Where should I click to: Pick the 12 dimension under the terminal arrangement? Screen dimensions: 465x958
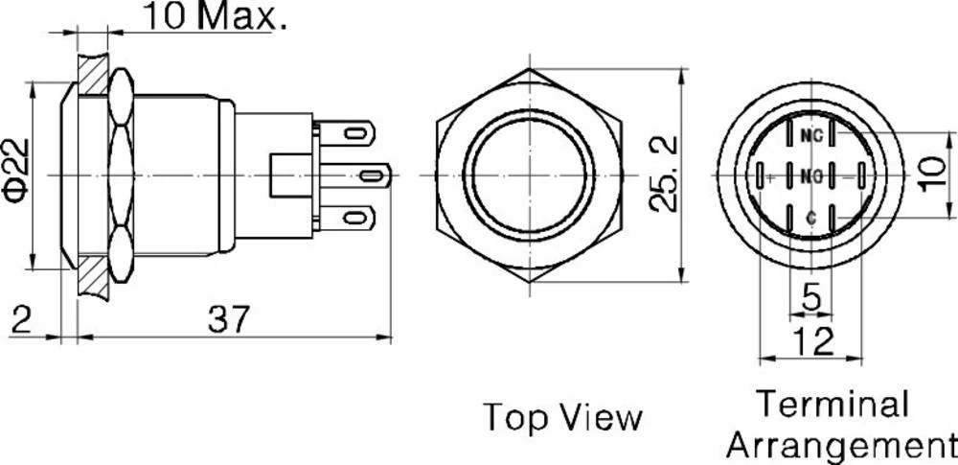(x=810, y=340)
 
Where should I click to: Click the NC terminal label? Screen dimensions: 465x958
(x=811, y=135)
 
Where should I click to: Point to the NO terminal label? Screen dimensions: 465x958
(x=811, y=175)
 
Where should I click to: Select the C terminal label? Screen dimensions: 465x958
(x=811, y=218)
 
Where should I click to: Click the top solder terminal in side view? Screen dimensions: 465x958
(x=347, y=131)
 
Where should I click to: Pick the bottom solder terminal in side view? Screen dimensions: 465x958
(x=347, y=218)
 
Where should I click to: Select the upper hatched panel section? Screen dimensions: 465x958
(x=93, y=73)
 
